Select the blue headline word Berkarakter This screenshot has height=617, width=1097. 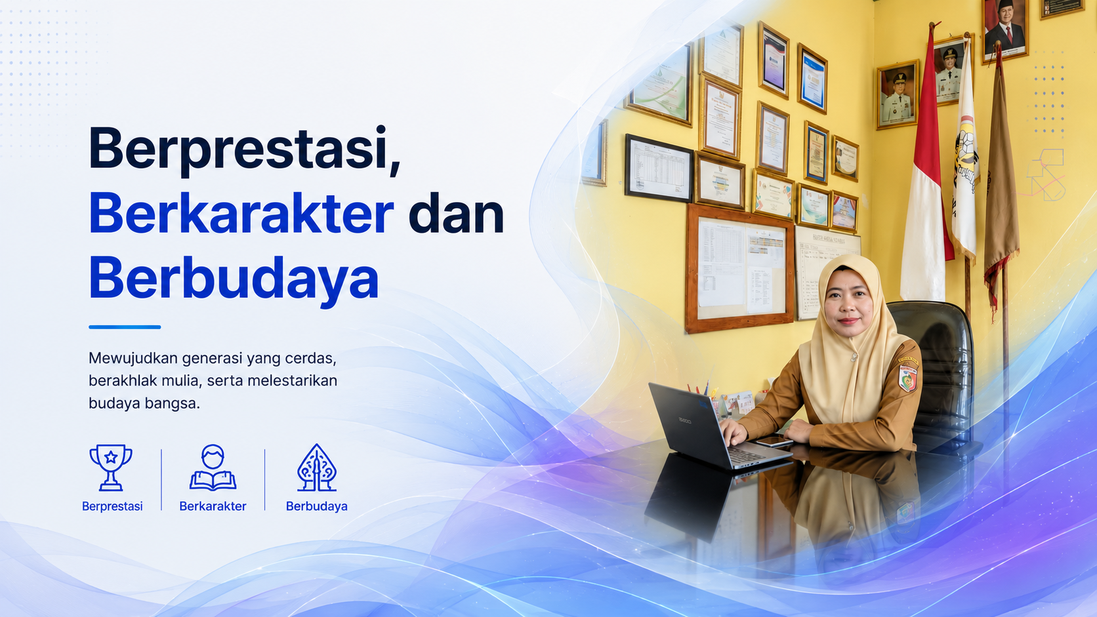coord(241,213)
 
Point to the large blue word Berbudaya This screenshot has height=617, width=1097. coord(234,279)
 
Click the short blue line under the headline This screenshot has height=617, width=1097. coord(125,327)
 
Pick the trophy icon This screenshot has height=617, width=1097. coord(111,468)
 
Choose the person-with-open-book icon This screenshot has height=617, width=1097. coord(213,468)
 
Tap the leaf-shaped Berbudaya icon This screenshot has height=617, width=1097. coord(317,468)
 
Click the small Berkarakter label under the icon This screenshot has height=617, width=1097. coord(213,506)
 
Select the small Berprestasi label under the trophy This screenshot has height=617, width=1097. coord(112,506)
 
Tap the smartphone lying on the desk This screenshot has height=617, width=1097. coord(774,442)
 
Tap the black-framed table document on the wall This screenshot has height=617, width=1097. coord(659,168)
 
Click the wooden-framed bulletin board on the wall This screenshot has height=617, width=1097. coord(739,268)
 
